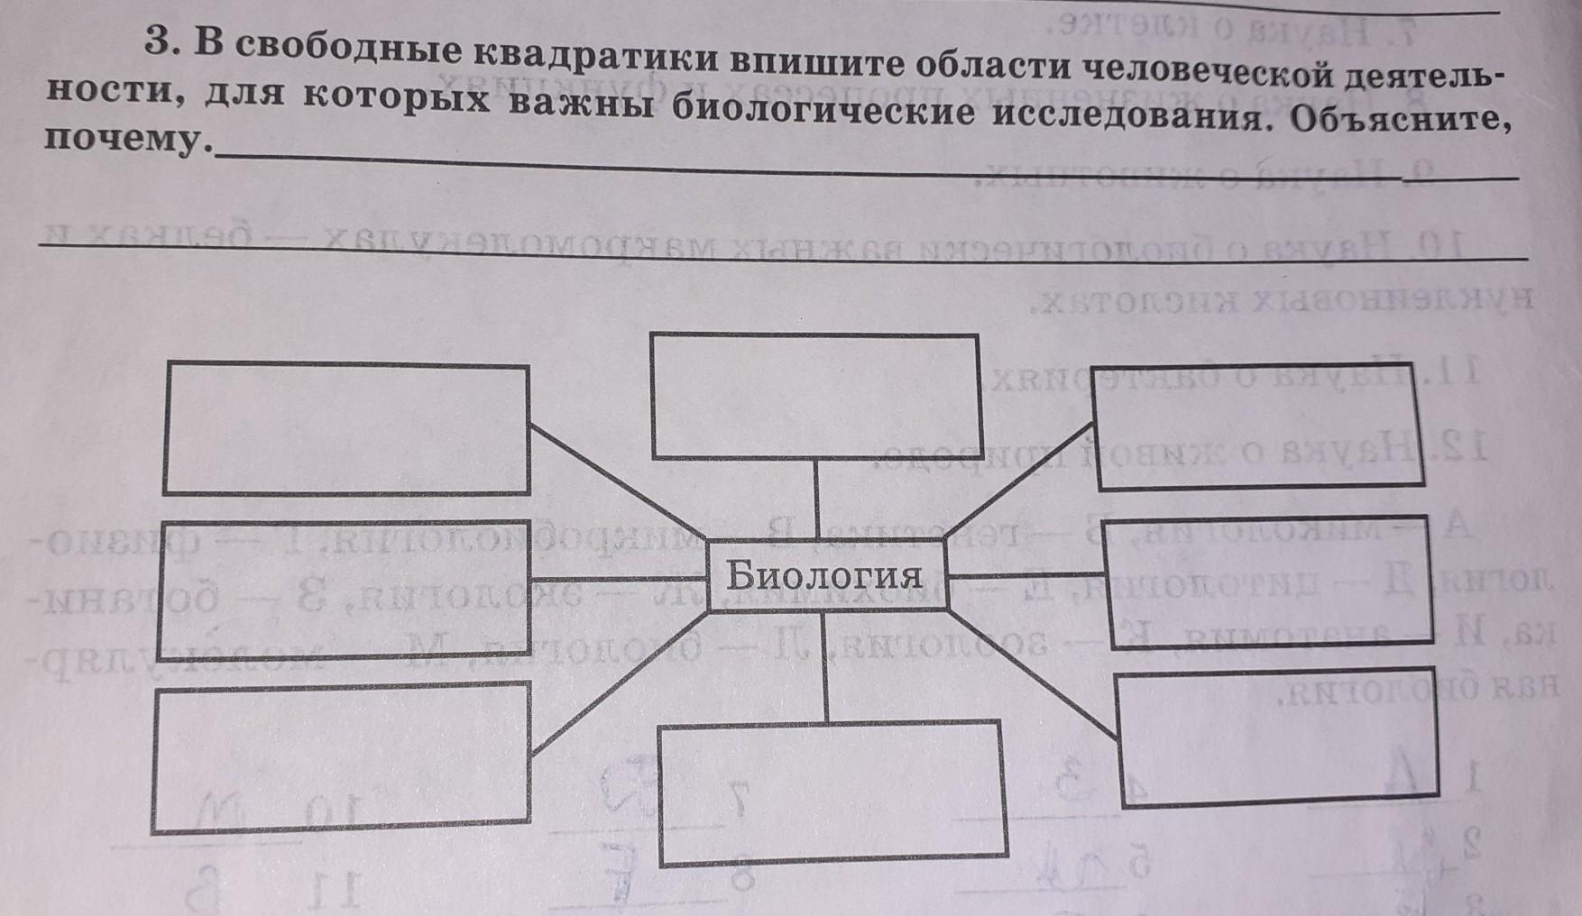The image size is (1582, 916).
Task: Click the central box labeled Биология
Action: tap(826, 575)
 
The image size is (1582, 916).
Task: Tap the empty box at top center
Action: tap(815, 396)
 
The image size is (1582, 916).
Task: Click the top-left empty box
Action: tap(346, 428)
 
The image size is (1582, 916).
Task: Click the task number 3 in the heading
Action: tap(161, 43)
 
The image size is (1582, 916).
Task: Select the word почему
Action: tap(124, 141)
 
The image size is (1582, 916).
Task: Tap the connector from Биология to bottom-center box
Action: tap(826, 667)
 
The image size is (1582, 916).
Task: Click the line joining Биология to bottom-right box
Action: tap(1032, 673)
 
